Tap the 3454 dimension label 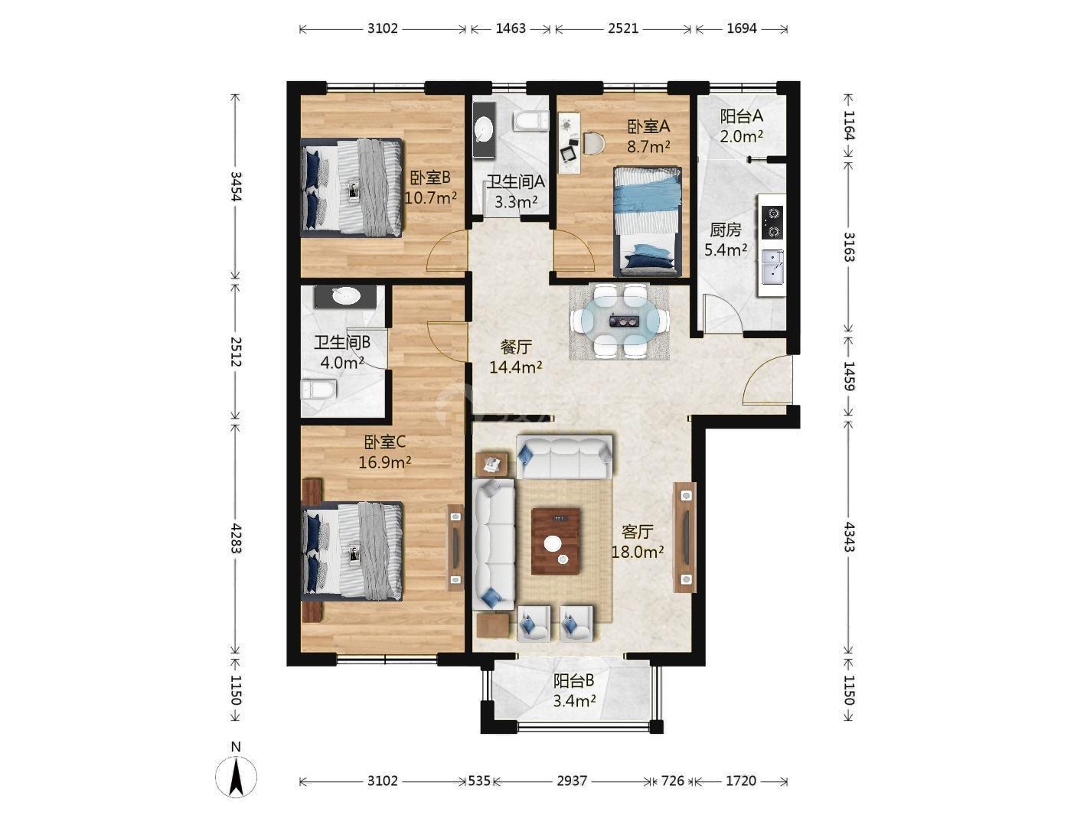pos(236,186)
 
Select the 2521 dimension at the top pos(623,28)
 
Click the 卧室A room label pos(648,127)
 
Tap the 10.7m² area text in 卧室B pos(430,198)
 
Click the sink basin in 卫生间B pos(346,296)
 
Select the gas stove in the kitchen pos(772,222)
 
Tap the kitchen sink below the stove pos(773,267)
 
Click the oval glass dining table pos(620,321)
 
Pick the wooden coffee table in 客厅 pos(556,541)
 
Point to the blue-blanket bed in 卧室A pos(648,221)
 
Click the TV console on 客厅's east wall pos(685,537)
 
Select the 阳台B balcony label pos(573,681)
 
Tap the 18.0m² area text pos(638,552)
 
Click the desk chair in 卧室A pos(593,143)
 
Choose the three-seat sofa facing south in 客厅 pos(564,457)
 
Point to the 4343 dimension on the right pos(848,537)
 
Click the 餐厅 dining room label pos(515,347)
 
